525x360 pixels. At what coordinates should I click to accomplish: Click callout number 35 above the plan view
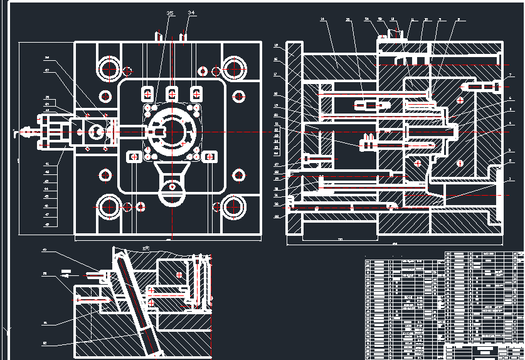point(170,13)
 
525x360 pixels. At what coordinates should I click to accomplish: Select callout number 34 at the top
point(191,13)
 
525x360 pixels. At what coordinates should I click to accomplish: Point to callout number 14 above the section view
point(322,20)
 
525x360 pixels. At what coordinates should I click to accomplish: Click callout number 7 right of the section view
point(511,75)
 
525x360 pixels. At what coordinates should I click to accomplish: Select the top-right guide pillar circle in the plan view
point(235,67)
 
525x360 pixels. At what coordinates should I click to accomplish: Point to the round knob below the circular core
point(171,186)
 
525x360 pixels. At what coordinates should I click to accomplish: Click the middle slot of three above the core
point(171,93)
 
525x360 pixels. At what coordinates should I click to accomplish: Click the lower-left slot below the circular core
point(133,157)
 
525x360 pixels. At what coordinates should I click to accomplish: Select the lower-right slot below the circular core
point(211,157)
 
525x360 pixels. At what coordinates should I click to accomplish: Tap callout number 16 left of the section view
point(276,46)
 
